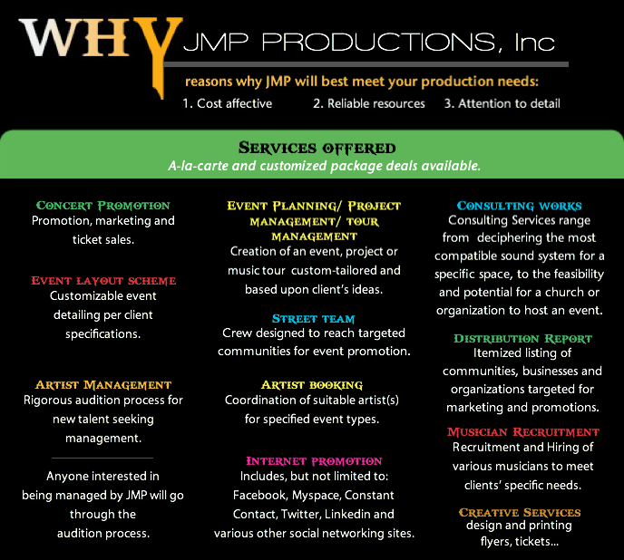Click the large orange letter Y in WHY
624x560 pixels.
coord(159,48)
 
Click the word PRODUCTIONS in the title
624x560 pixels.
coord(378,43)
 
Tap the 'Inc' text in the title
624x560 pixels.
coord(534,43)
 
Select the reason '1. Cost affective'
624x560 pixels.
coord(228,103)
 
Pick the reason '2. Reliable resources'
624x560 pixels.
coord(369,103)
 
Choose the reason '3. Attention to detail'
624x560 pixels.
coord(502,103)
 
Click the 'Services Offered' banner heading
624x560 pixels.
coord(317,148)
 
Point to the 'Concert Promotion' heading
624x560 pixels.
coord(103,206)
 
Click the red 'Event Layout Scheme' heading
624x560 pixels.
coord(103,281)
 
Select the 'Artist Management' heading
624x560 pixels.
coord(103,384)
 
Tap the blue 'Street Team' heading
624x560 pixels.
coord(313,319)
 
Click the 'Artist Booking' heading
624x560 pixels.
coord(312,384)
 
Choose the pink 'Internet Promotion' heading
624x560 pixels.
coord(314,461)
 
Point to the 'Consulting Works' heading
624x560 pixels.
coord(520,206)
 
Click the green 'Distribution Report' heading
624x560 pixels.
coord(523,339)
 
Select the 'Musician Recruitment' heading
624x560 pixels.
coord(523,432)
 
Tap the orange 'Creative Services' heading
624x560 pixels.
coord(520,512)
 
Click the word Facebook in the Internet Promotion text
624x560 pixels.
coord(259,495)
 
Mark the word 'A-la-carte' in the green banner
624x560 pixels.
coord(199,166)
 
